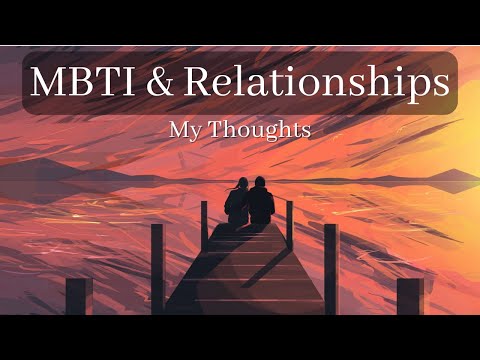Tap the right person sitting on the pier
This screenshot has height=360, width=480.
[x=261, y=202]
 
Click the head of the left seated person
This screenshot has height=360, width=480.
[x=240, y=185]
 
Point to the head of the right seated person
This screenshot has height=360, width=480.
[x=260, y=183]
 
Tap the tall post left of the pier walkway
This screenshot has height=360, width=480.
[x=157, y=268]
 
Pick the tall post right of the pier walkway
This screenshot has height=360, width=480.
[x=331, y=268]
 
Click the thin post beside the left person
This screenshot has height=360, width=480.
[x=204, y=222]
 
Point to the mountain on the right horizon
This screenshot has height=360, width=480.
[x=440, y=174]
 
